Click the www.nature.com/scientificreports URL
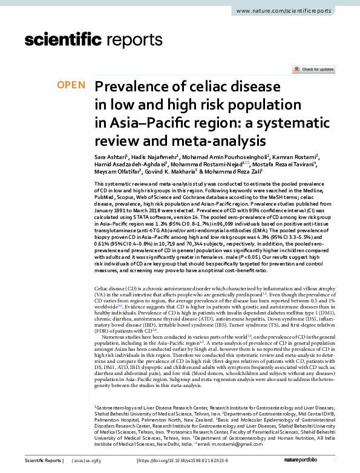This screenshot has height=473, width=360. coord(292,11)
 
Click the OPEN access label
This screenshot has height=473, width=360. coord(71,85)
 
